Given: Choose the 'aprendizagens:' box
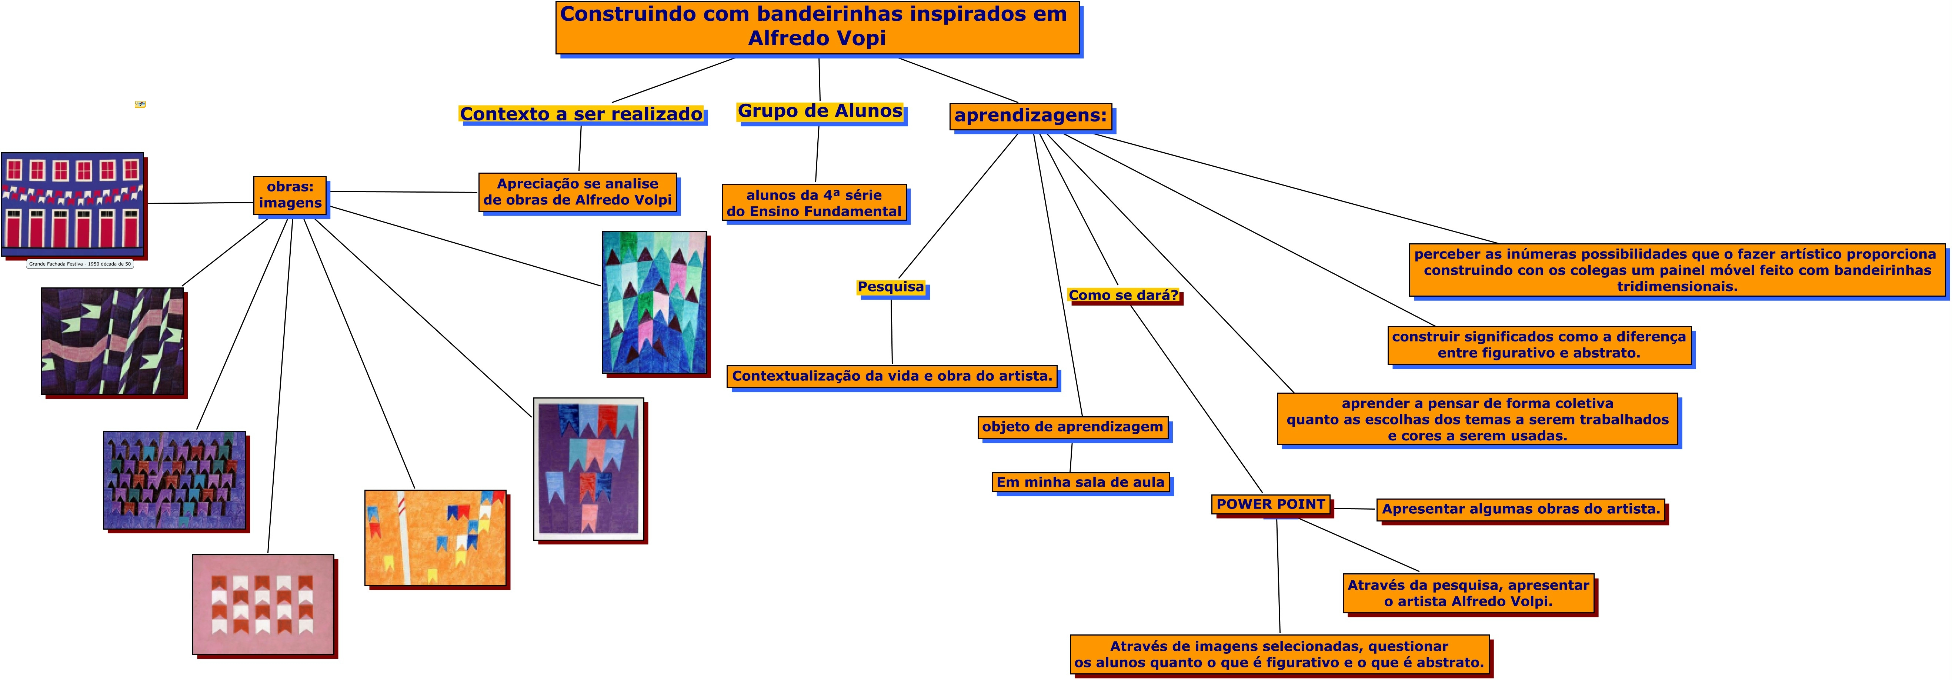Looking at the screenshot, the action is coord(1031,116).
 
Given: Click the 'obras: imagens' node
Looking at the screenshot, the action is coord(290,195).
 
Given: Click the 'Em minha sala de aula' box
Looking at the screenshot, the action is coord(1080,482).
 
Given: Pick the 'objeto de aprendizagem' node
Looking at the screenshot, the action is coord(1072,427).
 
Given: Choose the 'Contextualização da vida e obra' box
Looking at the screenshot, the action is coord(892,376).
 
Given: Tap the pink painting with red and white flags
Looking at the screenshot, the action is coord(263,604).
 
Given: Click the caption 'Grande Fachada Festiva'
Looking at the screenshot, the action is coord(80,264).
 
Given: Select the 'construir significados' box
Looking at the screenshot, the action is coord(1539,345).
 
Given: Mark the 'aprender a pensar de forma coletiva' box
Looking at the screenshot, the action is coord(1477,419).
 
